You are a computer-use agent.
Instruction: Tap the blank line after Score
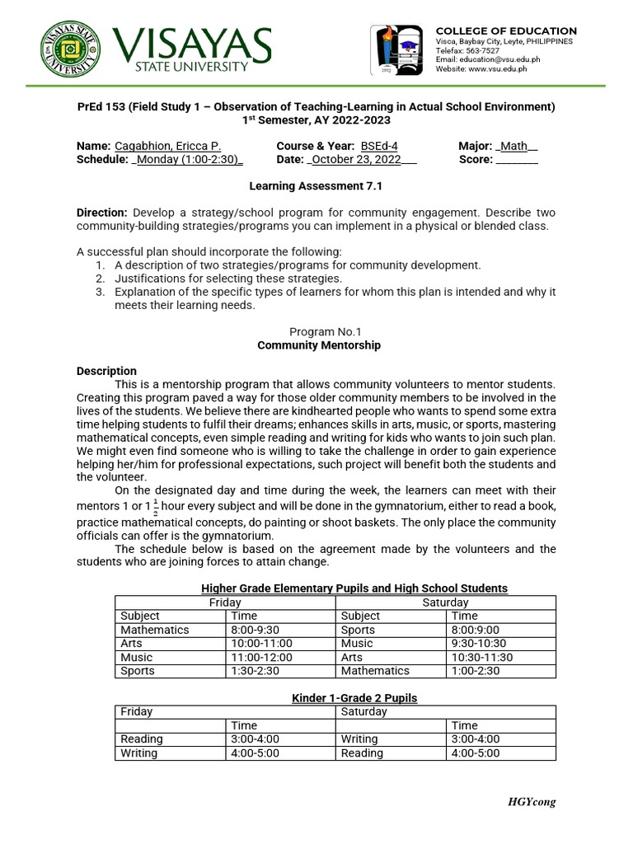coord(518,159)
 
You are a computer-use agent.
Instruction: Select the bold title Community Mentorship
coord(319,345)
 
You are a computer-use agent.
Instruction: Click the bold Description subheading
coord(106,371)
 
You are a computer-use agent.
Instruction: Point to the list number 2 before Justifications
coord(100,278)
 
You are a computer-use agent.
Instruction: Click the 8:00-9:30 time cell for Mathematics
coord(256,630)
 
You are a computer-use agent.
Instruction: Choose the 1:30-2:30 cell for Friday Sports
coord(256,671)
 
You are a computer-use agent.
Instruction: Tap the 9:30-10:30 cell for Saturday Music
coord(479,643)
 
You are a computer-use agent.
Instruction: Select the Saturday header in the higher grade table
coord(445,603)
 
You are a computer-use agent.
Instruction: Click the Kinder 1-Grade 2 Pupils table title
coord(354,698)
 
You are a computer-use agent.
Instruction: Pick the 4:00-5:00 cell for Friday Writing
coord(256,753)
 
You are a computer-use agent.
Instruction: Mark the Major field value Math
coord(514,146)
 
